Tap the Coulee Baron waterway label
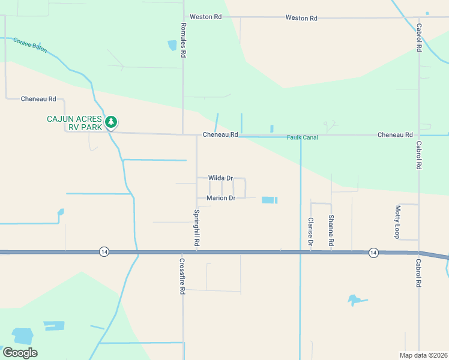tap(31, 46)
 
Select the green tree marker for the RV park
tap(110, 122)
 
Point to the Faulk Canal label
tap(302, 137)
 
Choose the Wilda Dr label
tap(220, 178)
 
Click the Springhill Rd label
tap(196, 229)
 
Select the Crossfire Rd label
tap(182, 275)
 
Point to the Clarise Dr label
tap(311, 232)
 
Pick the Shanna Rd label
tap(331, 232)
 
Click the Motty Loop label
tap(397, 221)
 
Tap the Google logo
tap(20, 353)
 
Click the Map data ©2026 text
tap(423, 355)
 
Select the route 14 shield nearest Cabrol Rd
tap(373, 252)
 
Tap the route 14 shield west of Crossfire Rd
tap(104, 252)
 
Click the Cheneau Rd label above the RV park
tap(38, 99)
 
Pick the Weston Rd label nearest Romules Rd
tap(205, 17)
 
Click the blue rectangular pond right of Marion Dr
tap(270, 200)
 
